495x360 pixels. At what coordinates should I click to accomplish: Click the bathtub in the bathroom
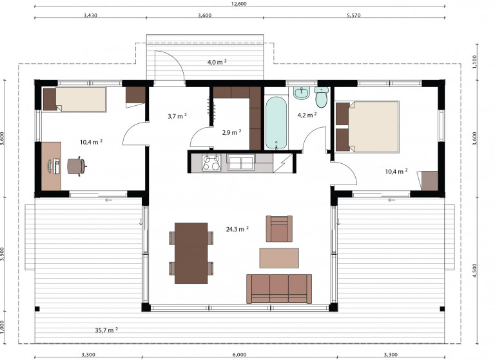277,123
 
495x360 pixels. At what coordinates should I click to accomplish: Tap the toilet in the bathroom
322,97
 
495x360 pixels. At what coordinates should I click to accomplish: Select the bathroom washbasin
302,93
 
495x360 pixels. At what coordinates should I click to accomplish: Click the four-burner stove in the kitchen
211,163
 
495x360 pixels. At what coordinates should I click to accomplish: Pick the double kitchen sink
241,163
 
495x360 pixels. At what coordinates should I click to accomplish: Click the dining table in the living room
191,253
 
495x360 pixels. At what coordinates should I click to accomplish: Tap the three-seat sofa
279,289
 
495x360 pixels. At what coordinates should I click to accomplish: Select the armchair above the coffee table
279,229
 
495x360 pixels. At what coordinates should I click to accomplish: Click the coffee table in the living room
279,258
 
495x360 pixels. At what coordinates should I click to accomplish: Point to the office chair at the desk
77,166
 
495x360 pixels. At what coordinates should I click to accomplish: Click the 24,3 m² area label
237,229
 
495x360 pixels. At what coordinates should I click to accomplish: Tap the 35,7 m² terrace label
106,330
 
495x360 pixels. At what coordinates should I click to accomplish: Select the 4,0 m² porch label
217,62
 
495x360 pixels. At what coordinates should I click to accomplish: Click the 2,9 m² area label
232,132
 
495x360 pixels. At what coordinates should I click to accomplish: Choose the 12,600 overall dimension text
239,4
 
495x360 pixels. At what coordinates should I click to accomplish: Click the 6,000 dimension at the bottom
240,355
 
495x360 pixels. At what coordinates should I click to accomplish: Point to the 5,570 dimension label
354,15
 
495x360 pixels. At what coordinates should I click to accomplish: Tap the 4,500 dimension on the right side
475,270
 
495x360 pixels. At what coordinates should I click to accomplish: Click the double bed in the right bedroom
367,126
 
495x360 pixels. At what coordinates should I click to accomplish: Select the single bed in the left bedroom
75,99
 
